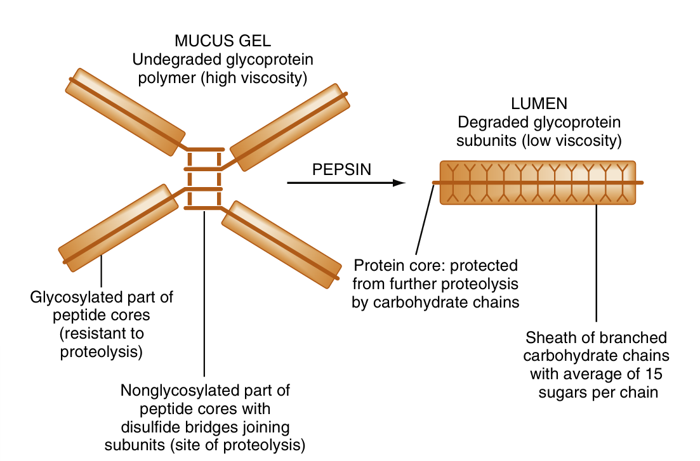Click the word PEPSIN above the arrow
pyautogui.click(x=342, y=170)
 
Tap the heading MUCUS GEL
pyautogui.click(x=223, y=42)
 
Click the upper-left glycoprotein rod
pyautogui.click(x=128, y=112)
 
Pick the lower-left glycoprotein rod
pyautogui.click(x=117, y=226)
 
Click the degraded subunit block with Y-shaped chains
pyautogui.click(x=538, y=183)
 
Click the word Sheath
pyautogui.click(x=549, y=337)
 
